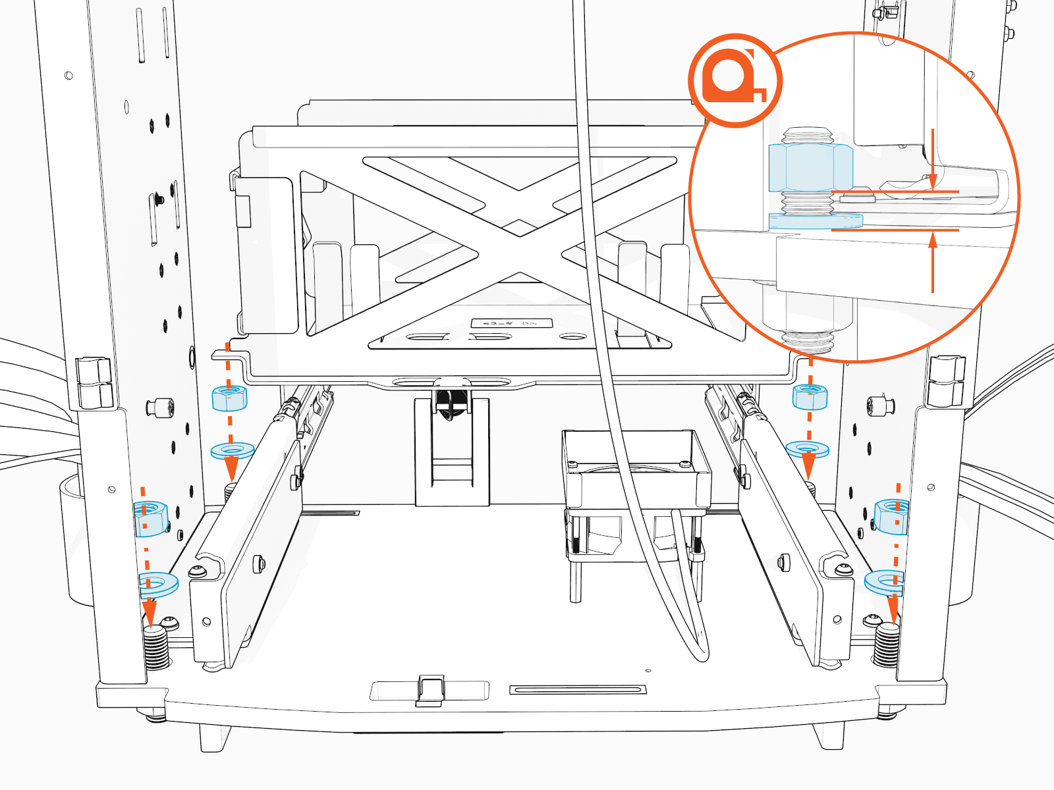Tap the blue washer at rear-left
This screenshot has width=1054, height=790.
232,451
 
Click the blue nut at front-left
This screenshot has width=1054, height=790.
151,519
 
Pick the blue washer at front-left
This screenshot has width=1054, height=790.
158,584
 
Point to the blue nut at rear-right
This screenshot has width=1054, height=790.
810,396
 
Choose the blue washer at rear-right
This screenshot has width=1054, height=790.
807,450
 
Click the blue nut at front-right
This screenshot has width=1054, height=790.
892,516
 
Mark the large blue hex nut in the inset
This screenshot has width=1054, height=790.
810,168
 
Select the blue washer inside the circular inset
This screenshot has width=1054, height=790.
816,221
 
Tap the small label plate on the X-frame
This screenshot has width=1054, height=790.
511,323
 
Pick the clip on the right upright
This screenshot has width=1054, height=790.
946,381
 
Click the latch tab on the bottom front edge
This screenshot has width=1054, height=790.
430,689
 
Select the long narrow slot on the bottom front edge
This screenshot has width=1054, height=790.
577,689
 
